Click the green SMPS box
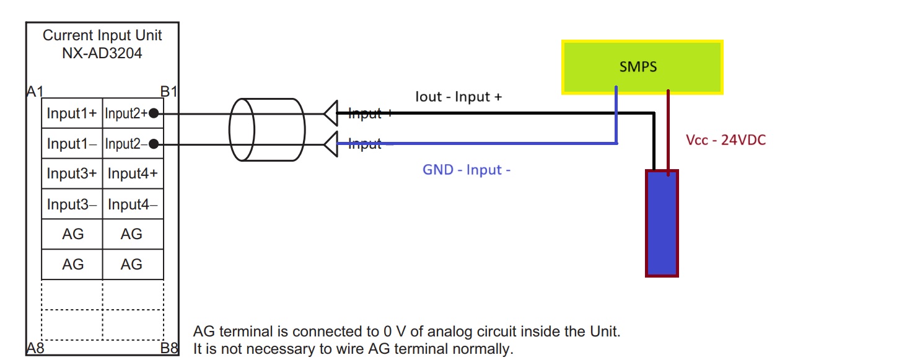[x=642, y=67]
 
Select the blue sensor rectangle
[x=662, y=223]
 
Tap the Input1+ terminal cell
[x=72, y=114]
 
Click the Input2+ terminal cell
[x=127, y=114]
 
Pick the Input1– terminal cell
[x=72, y=144]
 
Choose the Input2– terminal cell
[x=127, y=144]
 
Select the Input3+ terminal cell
[x=72, y=174]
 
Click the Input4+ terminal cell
[x=133, y=174]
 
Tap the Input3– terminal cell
[x=72, y=204]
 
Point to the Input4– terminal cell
[x=133, y=204]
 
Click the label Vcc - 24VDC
[x=726, y=140]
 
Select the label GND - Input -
[x=466, y=170]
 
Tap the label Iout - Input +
[x=458, y=97]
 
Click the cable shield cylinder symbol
[x=267, y=130]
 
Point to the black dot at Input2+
[x=153, y=114]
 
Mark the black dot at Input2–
[x=153, y=144]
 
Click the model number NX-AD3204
[x=102, y=53]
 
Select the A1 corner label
[x=35, y=92]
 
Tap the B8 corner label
[x=169, y=348]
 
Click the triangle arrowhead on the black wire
[x=331, y=113]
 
